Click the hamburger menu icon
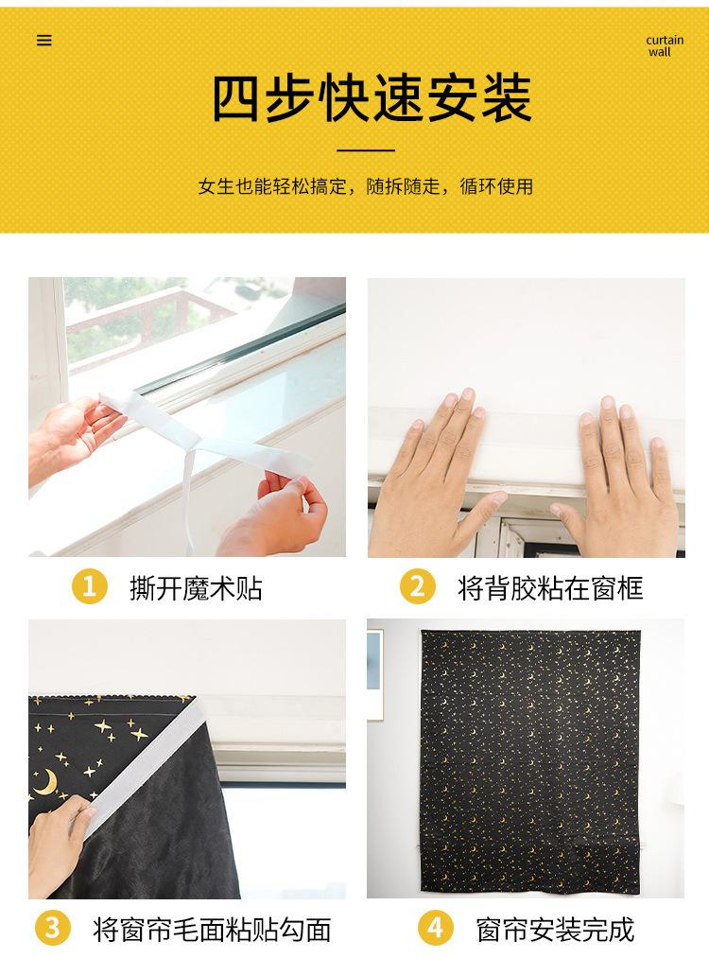tap(44, 41)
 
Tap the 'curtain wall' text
tap(665, 45)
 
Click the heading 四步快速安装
tap(372, 98)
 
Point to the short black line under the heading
tap(366, 149)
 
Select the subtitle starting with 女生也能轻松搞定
tap(365, 186)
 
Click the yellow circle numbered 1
tap(89, 586)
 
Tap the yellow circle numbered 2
tap(418, 586)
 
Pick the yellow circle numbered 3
tap(53, 928)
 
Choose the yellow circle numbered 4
tap(436, 928)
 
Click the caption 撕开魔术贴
tap(196, 588)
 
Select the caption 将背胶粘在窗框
tap(550, 588)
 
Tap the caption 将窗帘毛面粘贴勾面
tap(212, 930)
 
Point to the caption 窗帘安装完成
tap(555, 930)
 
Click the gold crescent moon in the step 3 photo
tap(45, 782)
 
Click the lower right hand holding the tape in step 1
tap(275, 514)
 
